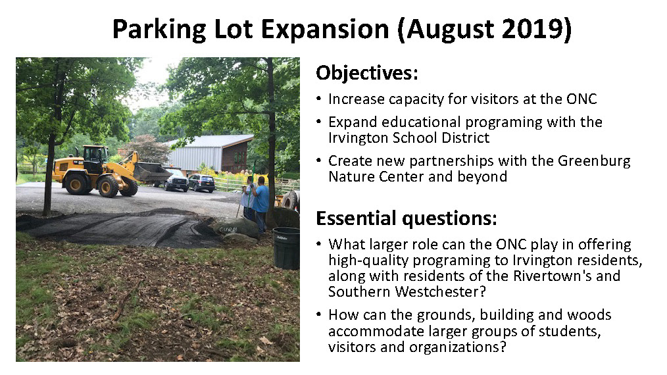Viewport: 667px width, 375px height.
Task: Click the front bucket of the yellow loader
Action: (152, 172)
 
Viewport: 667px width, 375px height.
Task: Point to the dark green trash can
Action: (286, 248)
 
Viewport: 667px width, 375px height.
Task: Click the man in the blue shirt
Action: (260, 199)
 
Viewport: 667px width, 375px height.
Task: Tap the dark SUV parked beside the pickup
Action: (202, 183)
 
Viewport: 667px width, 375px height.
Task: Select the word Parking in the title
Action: (159, 30)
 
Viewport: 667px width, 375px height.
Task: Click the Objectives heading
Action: (366, 73)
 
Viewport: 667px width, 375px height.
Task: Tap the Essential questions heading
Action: (407, 218)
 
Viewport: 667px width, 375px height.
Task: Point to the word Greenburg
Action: (594, 161)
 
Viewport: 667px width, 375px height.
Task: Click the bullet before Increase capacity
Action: (318, 99)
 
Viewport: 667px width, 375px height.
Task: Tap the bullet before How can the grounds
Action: (318, 315)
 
